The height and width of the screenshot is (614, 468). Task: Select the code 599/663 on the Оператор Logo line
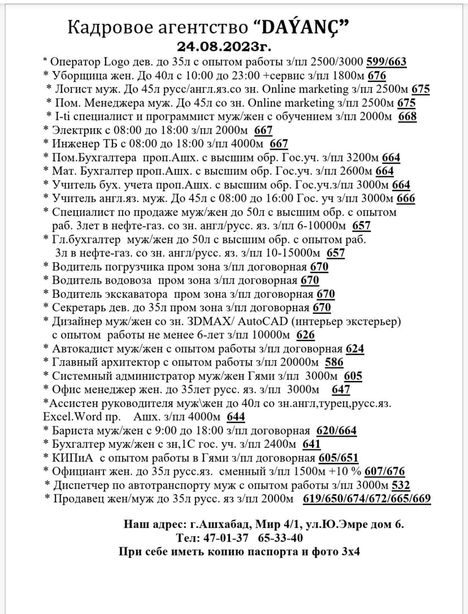coord(387,62)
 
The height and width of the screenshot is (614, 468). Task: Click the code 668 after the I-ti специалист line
coord(408,116)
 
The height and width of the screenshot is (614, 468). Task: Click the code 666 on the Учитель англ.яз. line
coord(406,198)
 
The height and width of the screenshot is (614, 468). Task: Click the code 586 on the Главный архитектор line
coord(335,362)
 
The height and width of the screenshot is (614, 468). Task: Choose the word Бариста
coord(71,430)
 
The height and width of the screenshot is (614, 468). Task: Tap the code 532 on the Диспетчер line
coord(401,485)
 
